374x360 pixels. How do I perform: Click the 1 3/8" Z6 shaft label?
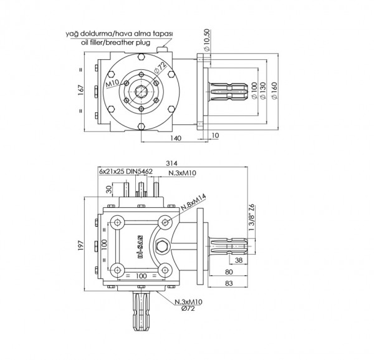[x=252, y=216]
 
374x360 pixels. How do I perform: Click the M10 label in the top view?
[x=112, y=82]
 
